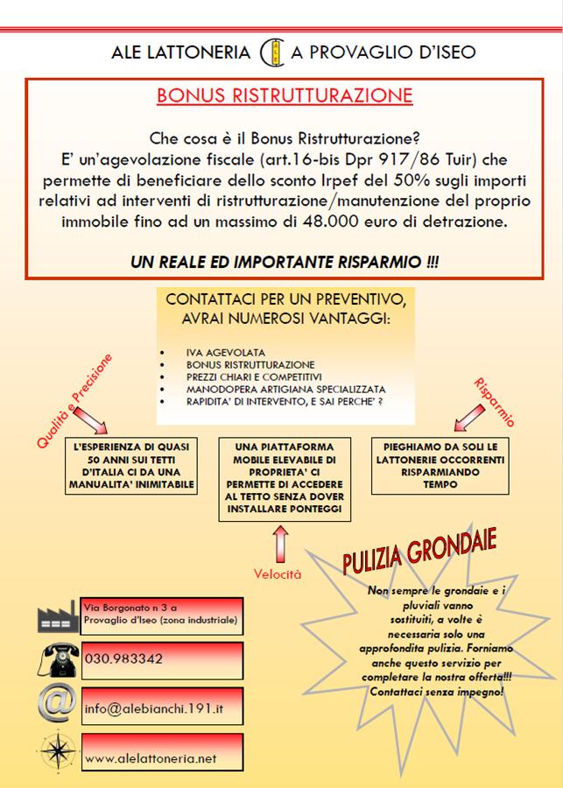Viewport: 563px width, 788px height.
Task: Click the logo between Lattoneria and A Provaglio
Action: pos(271,52)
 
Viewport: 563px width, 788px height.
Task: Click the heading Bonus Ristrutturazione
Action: pos(285,95)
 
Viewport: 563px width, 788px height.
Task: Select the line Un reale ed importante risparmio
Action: pos(284,261)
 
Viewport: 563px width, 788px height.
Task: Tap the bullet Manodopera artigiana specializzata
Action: pos(285,389)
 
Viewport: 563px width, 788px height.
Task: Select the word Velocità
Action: pos(278,574)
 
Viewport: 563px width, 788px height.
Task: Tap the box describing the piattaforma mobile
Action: pos(285,477)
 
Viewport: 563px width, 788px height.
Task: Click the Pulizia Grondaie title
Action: pos(419,553)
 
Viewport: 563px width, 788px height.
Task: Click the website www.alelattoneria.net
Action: pos(150,759)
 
